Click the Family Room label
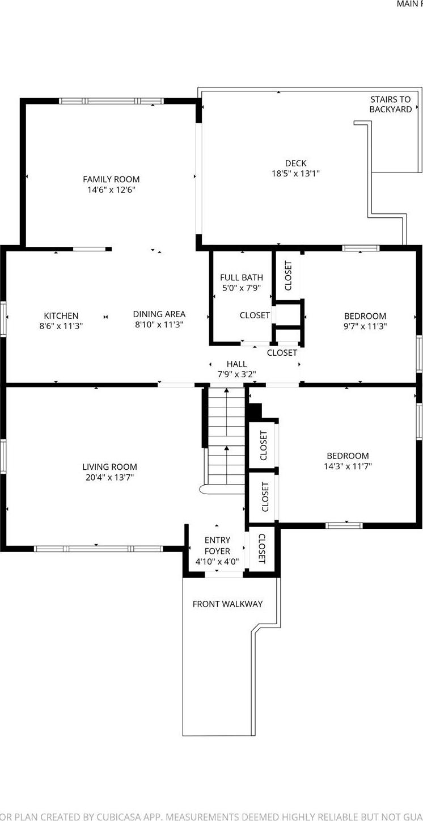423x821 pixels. click(x=111, y=179)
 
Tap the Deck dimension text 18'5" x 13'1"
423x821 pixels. click(x=295, y=174)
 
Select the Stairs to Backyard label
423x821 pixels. click(x=391, y=104)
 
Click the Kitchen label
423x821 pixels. click(x=61, y=315)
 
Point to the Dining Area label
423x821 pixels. click(x=159, y=314)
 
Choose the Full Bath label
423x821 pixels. click(x=242, y=277)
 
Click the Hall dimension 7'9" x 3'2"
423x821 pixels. click(x=236, y=374)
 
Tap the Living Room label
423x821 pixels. click(x=109, y=467)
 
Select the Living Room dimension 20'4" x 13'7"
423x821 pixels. click(x=109, y=478)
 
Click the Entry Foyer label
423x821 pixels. click(x=217, y=546)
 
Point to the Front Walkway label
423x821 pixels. click(x=227, y=604)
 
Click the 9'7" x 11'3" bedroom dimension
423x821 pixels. click(x=365, y=326)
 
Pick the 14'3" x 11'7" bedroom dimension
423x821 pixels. click(x=348, y=466)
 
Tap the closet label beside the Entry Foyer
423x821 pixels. click(x=262, y=549)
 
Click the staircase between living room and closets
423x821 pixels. click(x=226, y=437)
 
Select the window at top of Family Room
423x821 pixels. click(x=111, y=101)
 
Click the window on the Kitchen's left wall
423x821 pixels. click(x=3, y=319)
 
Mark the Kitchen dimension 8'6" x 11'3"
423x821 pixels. click(x=61, y=326)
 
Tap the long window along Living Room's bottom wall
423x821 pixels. click(x=98, y=549)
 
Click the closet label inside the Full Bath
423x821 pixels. click(x=255, y=315)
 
